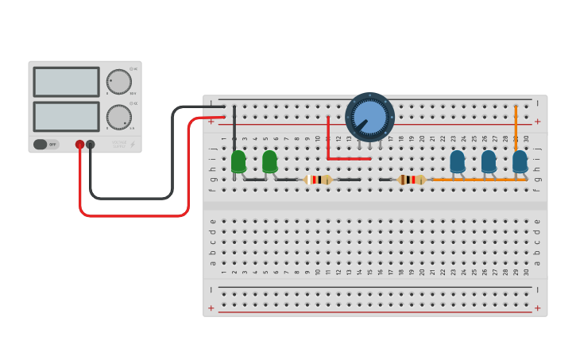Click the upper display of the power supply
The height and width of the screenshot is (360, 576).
(66, 81)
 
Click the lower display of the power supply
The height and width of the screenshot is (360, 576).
(66, 116)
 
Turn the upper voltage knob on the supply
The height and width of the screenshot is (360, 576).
(118, 81)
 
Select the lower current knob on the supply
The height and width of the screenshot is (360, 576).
(118, 117)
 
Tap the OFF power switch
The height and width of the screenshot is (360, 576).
(47, 145)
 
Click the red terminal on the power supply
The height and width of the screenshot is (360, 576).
(79, 145)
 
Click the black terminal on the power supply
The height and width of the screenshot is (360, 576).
(91, 145)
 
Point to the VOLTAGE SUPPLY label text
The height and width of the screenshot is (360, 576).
(119, 144)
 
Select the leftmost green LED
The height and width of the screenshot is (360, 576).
(238, 161)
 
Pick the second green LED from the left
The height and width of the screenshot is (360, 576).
(269, 161)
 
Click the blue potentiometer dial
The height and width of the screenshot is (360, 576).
(369, 116)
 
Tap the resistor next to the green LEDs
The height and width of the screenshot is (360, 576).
(317, 180)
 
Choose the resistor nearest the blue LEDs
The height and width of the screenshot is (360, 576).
(412, 180)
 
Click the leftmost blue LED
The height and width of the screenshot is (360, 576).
(458, 161)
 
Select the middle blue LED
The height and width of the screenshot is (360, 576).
(489, 161)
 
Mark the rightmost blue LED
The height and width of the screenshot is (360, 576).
(520, 161)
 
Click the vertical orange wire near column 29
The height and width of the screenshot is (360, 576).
(516, 127)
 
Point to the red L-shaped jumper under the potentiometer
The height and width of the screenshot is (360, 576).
(329, 147)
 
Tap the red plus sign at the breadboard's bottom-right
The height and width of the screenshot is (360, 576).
(537, 308)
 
